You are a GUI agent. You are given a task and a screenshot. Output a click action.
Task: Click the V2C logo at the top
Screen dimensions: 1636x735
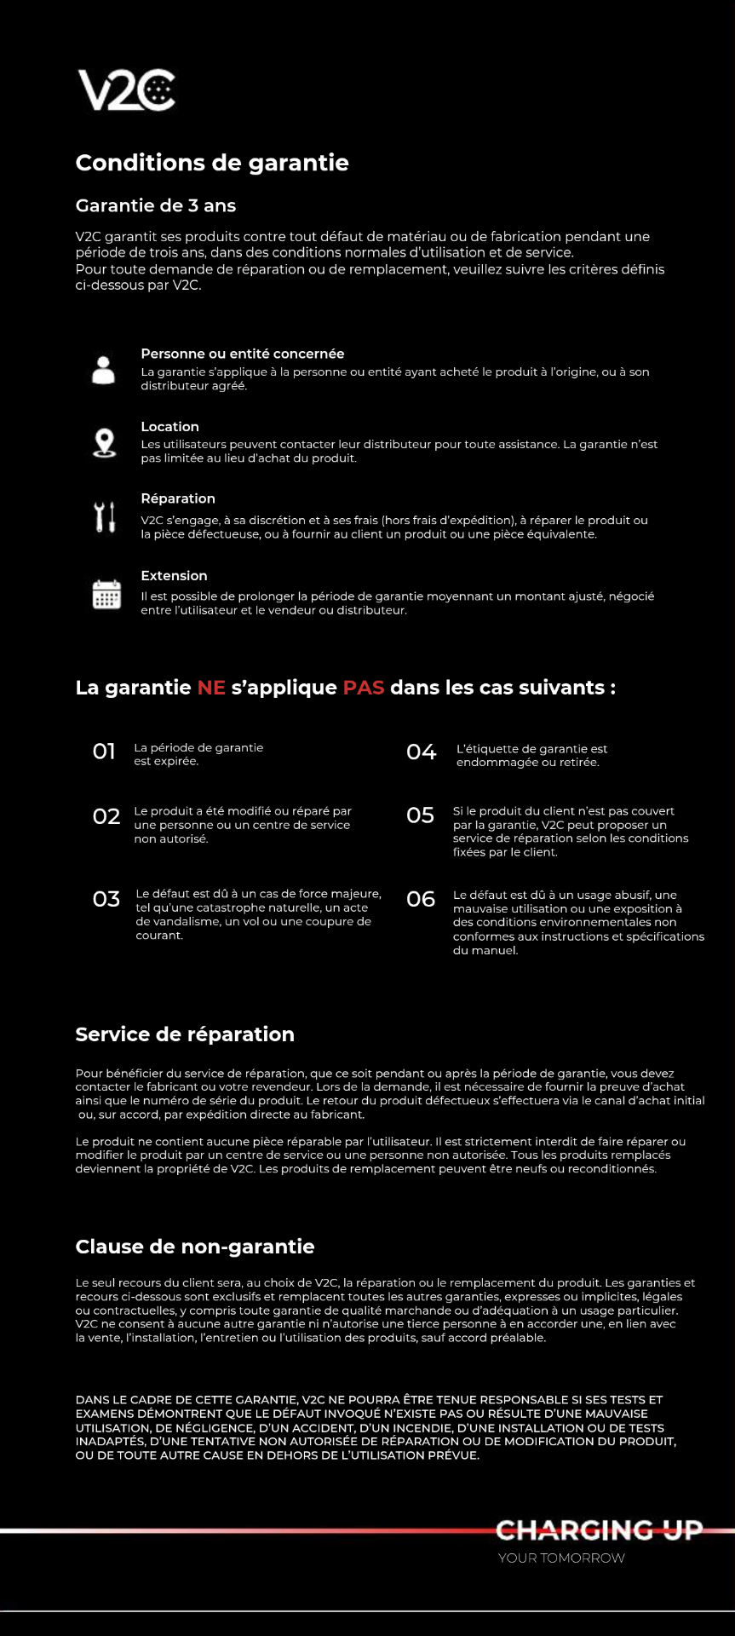tap(127, 90)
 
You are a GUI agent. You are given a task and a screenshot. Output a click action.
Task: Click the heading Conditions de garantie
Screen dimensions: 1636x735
tap(212, 163)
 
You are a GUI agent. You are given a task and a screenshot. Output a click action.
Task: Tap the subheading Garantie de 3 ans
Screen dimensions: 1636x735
tap(156, 205)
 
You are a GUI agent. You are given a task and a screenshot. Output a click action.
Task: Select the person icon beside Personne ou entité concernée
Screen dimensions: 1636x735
tap(104, 370)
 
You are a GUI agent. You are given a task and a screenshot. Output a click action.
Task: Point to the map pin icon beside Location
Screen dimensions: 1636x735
tap(104, 443)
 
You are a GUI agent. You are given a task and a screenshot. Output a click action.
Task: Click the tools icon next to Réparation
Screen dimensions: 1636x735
tap(104, 517)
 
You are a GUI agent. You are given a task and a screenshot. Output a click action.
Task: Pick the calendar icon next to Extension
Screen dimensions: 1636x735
tap(106, 594)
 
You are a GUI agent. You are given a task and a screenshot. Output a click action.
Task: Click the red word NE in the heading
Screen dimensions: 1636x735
tap(211, 688)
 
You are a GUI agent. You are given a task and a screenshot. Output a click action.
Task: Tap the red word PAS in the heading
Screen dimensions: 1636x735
tap(364, 688)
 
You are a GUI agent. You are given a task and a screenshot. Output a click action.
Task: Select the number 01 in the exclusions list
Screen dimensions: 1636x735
tap(104, 752)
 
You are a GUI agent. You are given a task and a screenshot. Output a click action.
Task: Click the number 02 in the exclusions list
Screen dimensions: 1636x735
tap(106, 816)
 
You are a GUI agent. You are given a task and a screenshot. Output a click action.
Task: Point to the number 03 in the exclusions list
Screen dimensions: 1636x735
tap(106, 899)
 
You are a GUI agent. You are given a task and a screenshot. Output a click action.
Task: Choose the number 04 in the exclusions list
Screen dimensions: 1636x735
tap(422, 752)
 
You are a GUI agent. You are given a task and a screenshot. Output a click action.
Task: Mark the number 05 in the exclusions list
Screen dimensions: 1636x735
tap(421, 815)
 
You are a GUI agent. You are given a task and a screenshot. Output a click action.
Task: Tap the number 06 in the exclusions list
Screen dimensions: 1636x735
tap(421, 899)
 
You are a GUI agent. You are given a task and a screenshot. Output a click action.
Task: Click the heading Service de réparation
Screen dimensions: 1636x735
tap(185, 1034)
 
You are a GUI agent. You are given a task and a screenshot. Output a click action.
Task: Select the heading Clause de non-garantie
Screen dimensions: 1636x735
tap(195, 1247)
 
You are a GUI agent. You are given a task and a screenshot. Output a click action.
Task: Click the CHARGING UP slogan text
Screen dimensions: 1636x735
tap(599, 1530)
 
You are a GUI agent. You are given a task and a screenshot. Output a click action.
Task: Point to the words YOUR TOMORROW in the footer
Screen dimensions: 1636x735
tap(561, 1558)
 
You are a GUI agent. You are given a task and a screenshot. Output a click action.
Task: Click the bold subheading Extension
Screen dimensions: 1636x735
tap(174, 576)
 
